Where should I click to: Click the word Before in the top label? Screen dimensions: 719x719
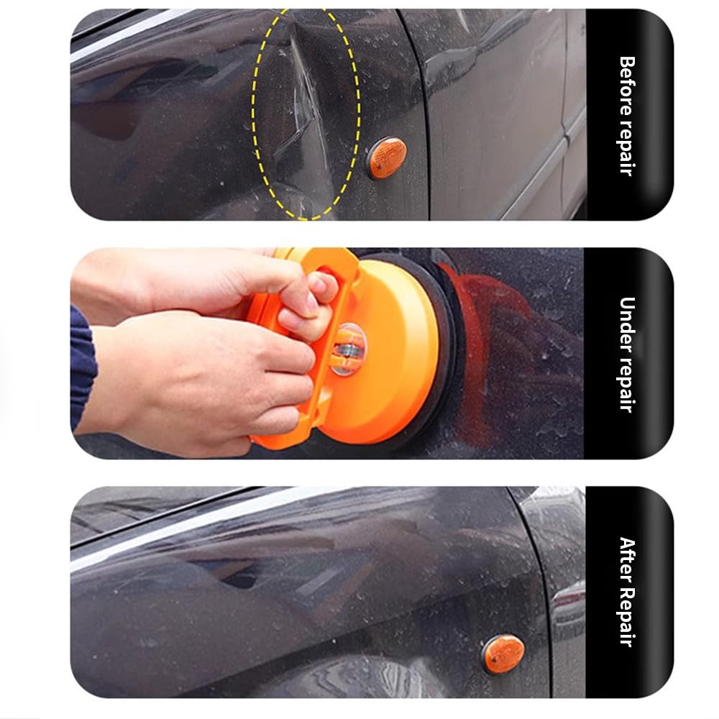click(628, 83)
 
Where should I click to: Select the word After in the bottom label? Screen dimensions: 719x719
click(628, 559)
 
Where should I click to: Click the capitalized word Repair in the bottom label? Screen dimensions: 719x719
click(628, 617)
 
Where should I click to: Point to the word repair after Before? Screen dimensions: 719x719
click(628, 147)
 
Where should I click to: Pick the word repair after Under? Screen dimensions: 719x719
click(628, 381)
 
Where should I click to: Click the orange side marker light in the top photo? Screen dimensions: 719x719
click(388, 157)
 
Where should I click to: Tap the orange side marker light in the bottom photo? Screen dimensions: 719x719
click(503, 654)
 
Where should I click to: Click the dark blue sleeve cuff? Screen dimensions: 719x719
click(82, 367)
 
